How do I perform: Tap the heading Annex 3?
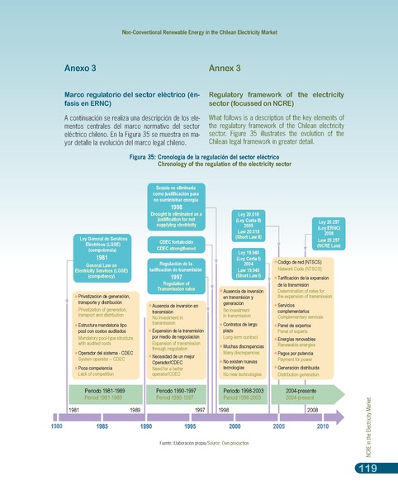[225, 67]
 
